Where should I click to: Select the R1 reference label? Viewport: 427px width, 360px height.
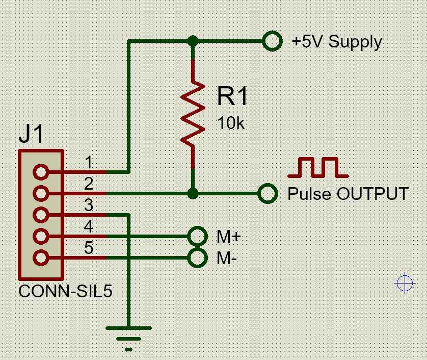(232, 96)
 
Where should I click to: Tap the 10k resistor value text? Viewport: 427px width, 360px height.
(231, 123)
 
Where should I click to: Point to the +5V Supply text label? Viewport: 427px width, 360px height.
(336, 41)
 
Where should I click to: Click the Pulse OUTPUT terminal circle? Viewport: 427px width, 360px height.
(268, 193)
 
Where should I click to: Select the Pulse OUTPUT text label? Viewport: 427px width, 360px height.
(348, 194)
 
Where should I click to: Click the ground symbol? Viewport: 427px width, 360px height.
(128, 337)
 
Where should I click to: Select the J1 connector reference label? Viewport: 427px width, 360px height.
(31, 135)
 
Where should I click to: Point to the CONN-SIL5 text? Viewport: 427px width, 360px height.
(65, 292)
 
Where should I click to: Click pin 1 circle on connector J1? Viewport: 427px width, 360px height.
(41, 172)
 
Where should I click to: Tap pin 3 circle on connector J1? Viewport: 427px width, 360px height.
(41, 214)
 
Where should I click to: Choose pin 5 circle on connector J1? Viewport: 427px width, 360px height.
(41, 258)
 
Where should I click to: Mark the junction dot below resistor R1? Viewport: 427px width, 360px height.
(193, 193)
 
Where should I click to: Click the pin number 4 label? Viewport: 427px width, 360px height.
(89, 226)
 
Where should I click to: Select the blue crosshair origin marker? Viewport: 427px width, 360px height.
(405, 283)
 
